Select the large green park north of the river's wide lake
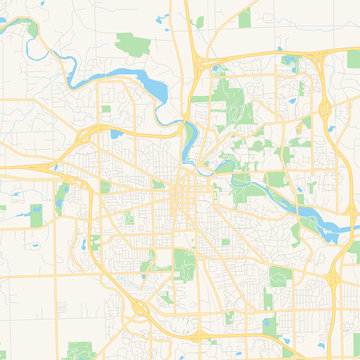[x=131, y=44]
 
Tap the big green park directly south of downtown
[x=184, y=263]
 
